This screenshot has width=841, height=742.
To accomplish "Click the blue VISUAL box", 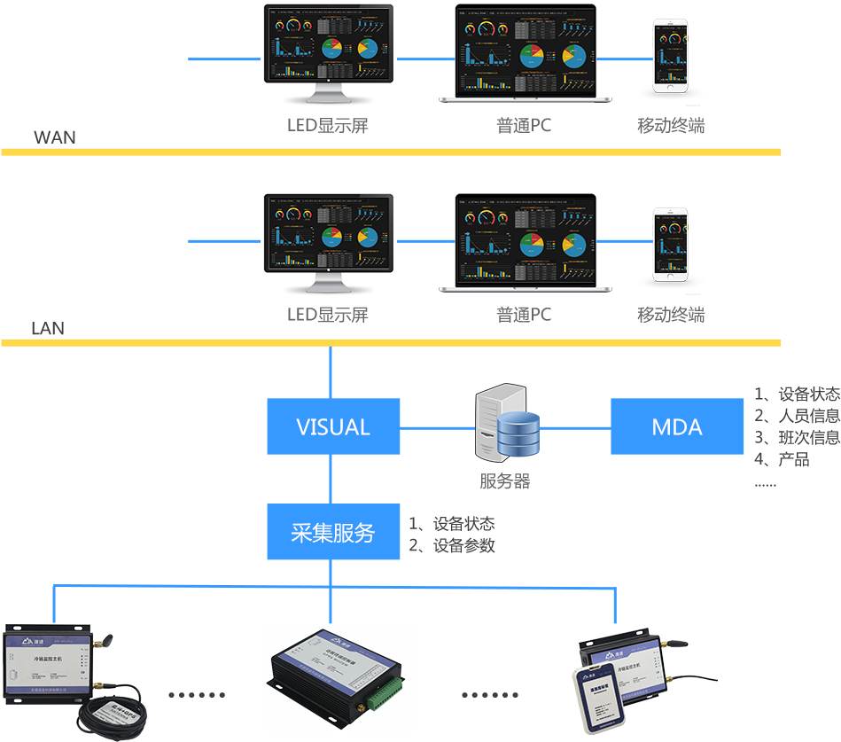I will click(333, 426).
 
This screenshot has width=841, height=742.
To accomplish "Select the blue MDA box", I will click(677, 426).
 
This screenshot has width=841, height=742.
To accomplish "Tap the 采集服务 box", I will click(333, 532).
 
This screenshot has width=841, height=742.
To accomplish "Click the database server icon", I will click(505, 423).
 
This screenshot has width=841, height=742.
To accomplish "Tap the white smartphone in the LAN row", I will click(672, 247).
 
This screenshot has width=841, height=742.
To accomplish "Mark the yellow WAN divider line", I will click(390, 152).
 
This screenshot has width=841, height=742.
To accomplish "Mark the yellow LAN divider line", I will click(390, 341).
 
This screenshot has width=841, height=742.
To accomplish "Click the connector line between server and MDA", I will click(574, 427).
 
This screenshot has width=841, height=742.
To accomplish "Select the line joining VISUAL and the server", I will click(438, 427).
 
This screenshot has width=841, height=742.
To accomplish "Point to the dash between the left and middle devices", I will click(192, 695).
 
